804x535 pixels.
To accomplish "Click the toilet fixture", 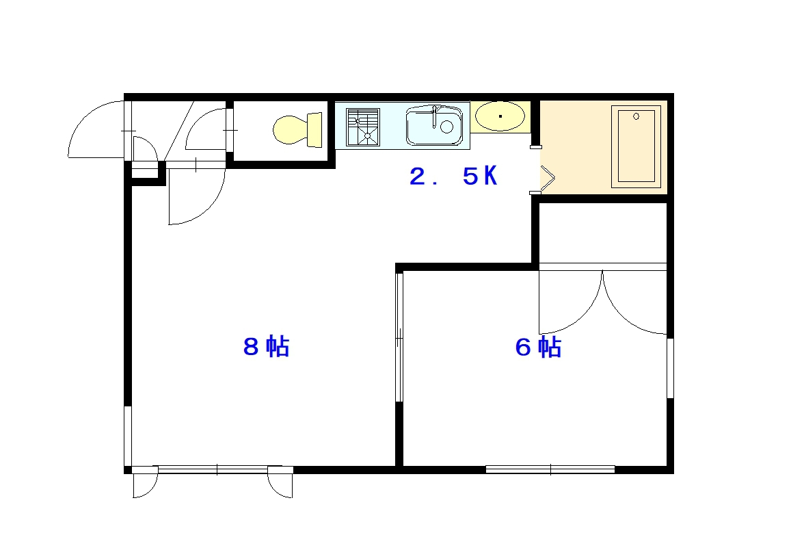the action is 297,130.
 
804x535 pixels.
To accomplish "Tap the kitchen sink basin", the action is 433,126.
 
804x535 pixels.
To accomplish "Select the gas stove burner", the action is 363,127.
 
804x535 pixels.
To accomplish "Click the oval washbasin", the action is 500,116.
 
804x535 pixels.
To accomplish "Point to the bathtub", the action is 636,146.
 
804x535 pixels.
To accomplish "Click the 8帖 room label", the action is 266,347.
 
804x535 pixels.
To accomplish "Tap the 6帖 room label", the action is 538,347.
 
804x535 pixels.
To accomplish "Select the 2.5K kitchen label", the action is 453,177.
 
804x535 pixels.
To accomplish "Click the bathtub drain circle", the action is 636,116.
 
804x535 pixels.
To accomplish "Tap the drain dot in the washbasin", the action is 500,116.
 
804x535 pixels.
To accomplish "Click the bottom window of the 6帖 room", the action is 550,469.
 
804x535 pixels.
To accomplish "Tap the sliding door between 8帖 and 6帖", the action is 399,337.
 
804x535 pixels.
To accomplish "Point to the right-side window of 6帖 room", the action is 670,368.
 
